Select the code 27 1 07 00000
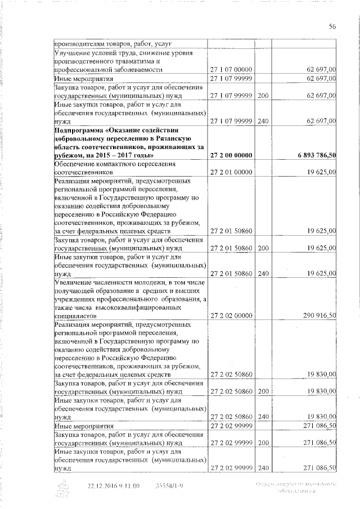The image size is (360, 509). [x=231, y=69]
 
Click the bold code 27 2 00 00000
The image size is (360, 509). [x=231, y=155]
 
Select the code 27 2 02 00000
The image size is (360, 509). [x=231, y=316]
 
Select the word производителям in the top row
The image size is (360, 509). [x=79, y=43]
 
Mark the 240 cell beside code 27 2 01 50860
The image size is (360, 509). [x=263, y=273]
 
